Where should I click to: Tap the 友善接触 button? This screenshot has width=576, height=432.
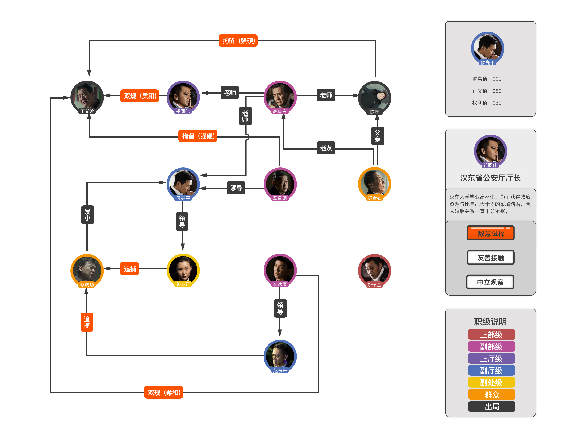click(490, 257)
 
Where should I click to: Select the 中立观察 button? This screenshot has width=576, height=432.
click(490, 282)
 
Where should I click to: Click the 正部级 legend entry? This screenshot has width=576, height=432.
click(491, 335)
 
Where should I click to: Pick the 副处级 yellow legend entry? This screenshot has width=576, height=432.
click(491, 382)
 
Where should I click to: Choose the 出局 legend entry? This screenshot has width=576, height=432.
click(491, 406)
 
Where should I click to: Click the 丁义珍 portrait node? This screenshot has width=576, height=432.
click(87, 97)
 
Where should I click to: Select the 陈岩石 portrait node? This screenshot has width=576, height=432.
click(374, 184)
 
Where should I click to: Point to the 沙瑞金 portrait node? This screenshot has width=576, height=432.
click(374, 270)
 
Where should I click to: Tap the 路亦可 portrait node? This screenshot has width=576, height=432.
click(183, 270)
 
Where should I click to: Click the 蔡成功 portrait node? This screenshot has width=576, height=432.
click(87, 270)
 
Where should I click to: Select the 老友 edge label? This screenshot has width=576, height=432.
click(326, 148)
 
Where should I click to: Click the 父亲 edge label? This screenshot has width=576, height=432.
click(377, 136)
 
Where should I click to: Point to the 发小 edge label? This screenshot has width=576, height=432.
click(87, 215)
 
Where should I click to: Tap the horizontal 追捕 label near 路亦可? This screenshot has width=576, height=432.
click(129, 269)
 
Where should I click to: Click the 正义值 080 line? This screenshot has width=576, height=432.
click(486, 91)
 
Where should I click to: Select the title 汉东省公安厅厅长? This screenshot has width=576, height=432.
click(490, 178)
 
